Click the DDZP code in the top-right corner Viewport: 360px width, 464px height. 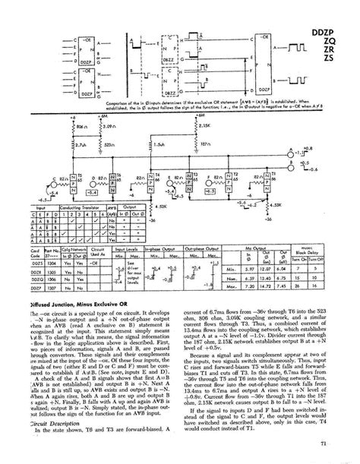[334, 12]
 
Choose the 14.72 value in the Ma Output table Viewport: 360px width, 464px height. [263, 288]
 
